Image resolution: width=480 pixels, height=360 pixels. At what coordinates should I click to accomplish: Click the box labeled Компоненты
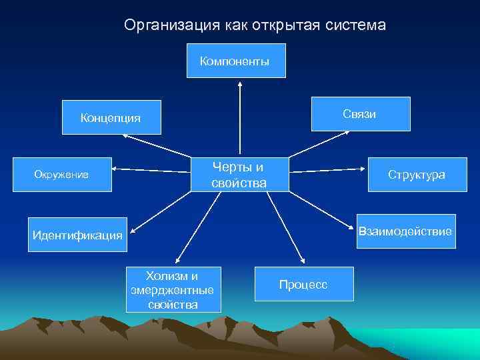[x=235, y=61]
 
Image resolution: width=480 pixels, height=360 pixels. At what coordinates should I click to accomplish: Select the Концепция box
[x=111, y=118]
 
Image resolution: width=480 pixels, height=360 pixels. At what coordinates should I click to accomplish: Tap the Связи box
[x=359, y=114]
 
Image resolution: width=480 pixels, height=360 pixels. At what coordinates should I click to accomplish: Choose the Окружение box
[x=61, y=175]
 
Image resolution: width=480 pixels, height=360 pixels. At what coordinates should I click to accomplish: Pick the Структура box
[x=417, y=175]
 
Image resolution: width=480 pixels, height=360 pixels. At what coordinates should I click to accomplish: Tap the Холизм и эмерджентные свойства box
[x=173, y=290]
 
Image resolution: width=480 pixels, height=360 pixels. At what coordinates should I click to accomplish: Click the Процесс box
[x=303, y=285]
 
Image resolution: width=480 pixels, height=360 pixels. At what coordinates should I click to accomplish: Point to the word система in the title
[x=356, y=25]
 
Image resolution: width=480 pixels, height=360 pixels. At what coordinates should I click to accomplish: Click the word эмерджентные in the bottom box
[x=173, y=290]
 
